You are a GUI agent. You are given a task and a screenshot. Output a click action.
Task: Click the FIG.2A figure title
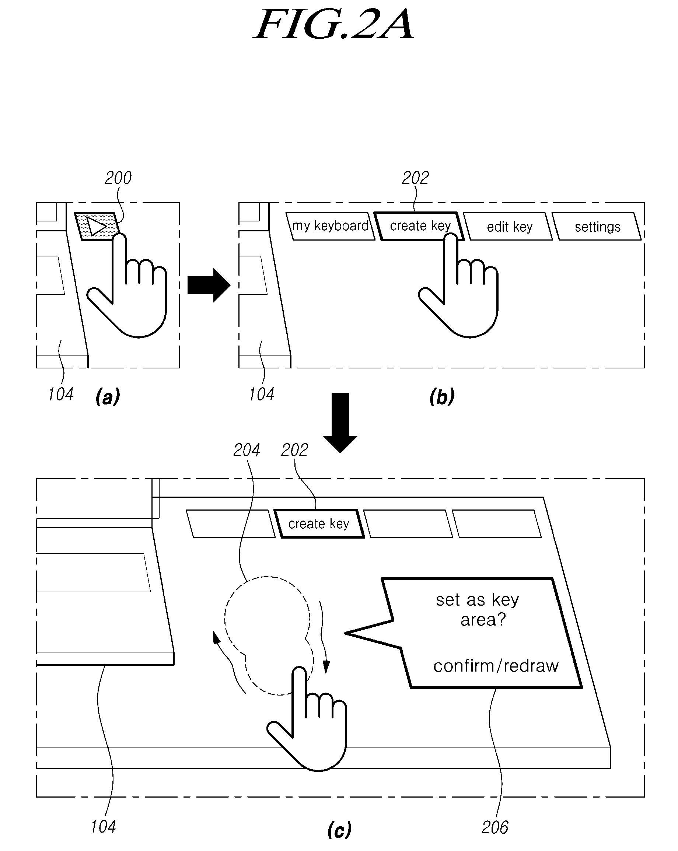click(334, 24)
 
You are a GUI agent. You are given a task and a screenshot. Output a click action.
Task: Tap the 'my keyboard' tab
click(330, 226)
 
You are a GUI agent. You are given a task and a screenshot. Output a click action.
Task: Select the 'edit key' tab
click(508, 227)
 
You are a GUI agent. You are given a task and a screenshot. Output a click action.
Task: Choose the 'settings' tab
click(597, 227)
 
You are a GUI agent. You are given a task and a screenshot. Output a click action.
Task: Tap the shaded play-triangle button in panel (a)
click(97, 227)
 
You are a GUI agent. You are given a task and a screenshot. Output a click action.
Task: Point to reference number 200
click(118, 178)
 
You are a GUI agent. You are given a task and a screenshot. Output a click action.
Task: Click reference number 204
click(247, 450)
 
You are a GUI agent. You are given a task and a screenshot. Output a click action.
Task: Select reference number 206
click(495, 827)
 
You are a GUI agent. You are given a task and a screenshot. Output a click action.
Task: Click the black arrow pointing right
click(209, 285)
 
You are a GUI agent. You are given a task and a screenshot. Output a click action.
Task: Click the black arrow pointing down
click(340, 423)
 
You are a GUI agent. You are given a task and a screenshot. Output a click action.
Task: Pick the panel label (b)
click(442, 396)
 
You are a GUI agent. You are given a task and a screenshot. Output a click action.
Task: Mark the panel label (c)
click(340, 829)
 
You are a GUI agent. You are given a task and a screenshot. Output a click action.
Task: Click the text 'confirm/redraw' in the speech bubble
click(496, 666)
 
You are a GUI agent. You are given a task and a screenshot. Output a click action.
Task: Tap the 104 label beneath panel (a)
click(61, 394)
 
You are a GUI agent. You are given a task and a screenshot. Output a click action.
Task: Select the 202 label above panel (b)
click(415, 178)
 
